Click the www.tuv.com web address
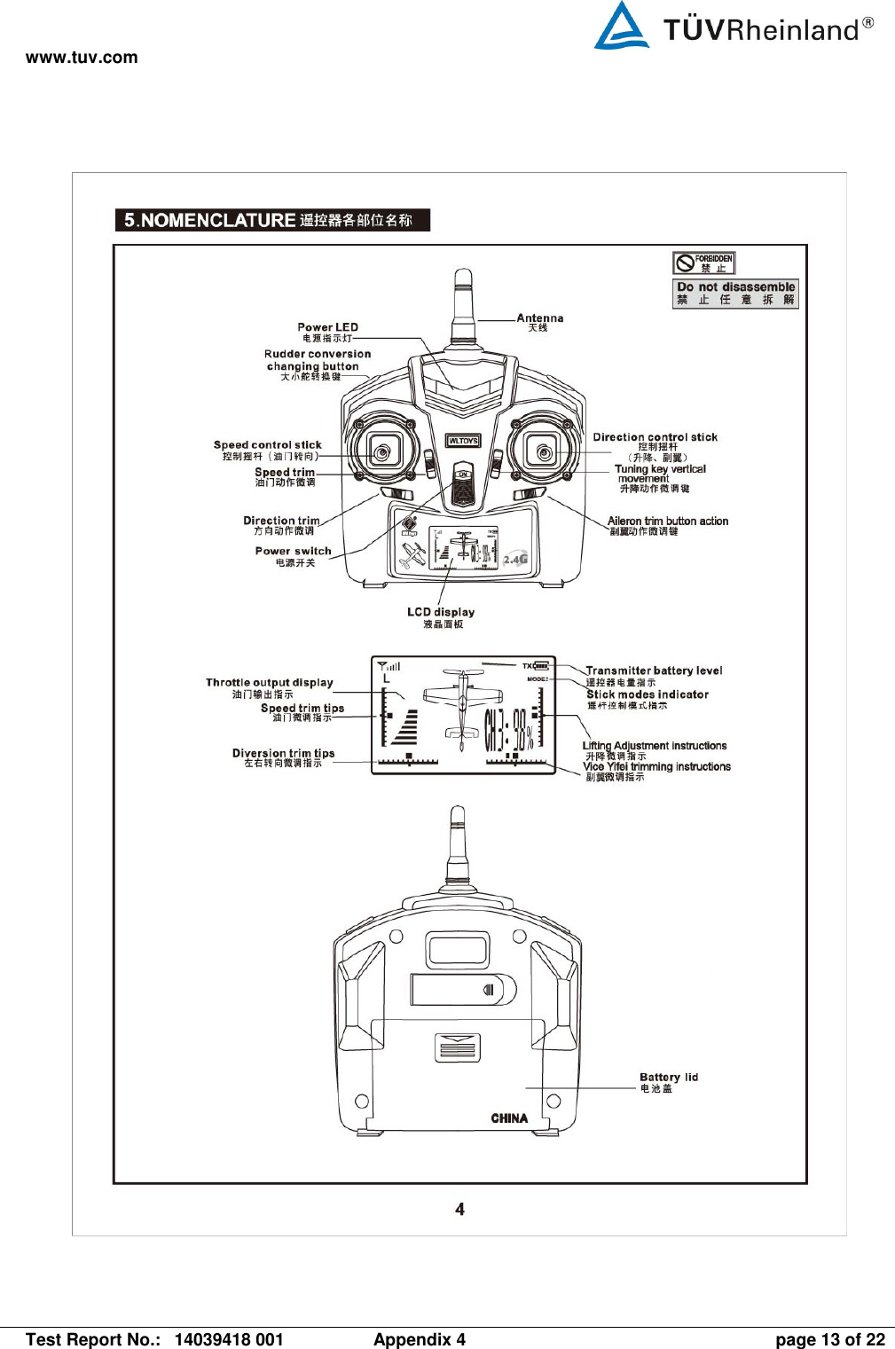click(x=82, y=58)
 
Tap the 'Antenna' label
click(x=539, y=318)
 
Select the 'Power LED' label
click(x=328, y=327)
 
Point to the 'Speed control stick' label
click(x=267, y=445)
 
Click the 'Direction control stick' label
click(x=655, y=437)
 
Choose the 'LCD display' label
click(x=441, y=612)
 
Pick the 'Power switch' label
click(x=293, y=551)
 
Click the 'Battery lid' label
click(x=669, y=1078)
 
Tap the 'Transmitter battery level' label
click(x=654, y=671)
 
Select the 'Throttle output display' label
click(x=270, y=683)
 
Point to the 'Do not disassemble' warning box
click(x=735, y=293)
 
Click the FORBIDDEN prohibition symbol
click(x=685, y=263)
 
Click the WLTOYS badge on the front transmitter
click(x=462, y=441)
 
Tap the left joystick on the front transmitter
click(x=382, y=452)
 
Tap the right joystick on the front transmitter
click(x=542, y=452)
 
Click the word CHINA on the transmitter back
click(x=509, y=1118)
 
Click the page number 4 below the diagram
click(x=459, y=1209)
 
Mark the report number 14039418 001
click(x=229, y=1339)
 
